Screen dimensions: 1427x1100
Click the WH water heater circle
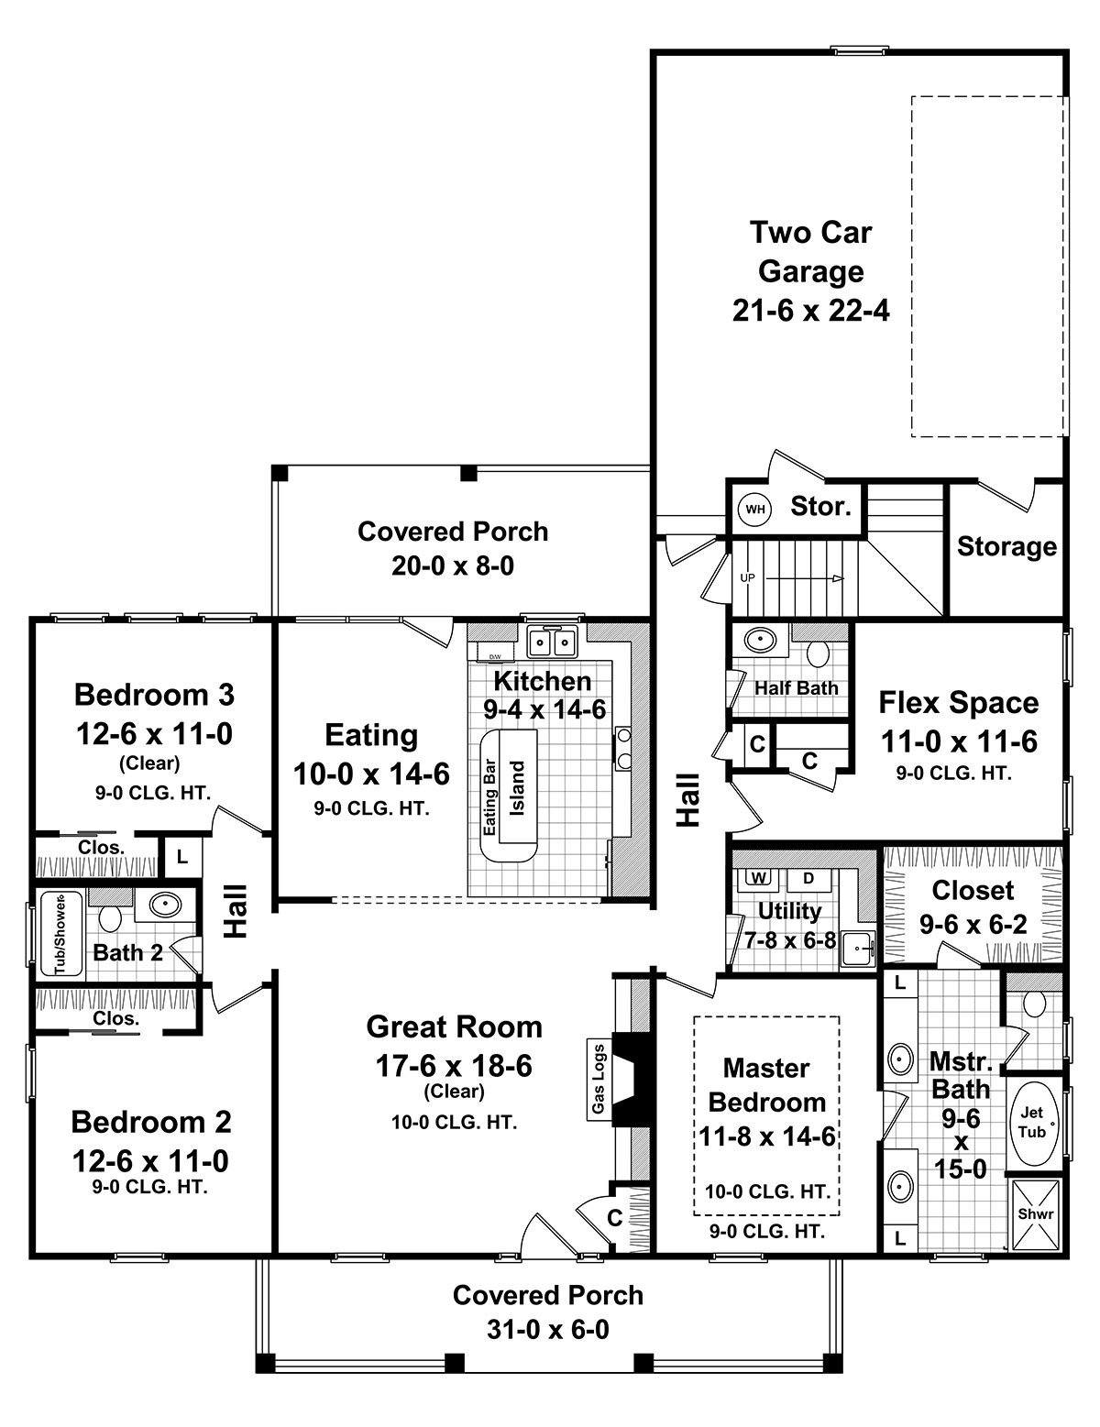pyautogui.click(x=754, y=509)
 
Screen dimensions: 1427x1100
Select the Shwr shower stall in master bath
pyautogui.click(x=1036, y=1213)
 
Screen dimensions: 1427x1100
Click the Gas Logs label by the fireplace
pyautogui.click(x=599, y=1080)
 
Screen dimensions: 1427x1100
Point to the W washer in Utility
pyautogui.click(x=758, y=878)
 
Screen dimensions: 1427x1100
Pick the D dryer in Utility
pyautogui.click(x=808, y=878)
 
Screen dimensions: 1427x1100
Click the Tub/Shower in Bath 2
pyautogui.click(x=60, y=934)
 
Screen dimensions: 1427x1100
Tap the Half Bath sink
pyautogui.click(x=759, y=639)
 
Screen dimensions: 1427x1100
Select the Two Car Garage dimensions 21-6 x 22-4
pyautogui.click(x=811, y=311)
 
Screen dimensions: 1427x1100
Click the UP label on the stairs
pyautogui.click(x=748, y=578)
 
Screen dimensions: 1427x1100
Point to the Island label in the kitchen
pyautogui.click(x=517, y=788)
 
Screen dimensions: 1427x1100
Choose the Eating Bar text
pyautogui.click(x=490, y=796)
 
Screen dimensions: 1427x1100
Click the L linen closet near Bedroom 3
pyautogui.click(x=182, y=857)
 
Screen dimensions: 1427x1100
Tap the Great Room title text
pyautogui.click(x=454, y=1026)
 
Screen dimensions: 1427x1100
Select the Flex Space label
pyautogui.click(x=959, y=702)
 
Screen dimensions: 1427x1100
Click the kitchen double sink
pyautogui.click(x=552, y=642)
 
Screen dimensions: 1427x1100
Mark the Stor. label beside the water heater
pyautogui.click(x=821, y=505)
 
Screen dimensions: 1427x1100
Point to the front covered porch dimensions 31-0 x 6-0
pyautogui.click(x=547, y=1329)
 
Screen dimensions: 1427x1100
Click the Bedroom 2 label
pyautogui.click(x=151, y=1121)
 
